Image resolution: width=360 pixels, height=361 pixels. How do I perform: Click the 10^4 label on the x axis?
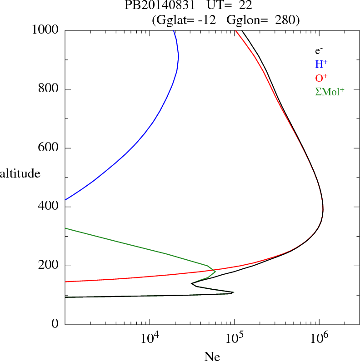pyautogui.click(x=150, y=338)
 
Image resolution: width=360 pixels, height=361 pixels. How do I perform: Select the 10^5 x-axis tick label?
pyautogui.click(x=234, y=338)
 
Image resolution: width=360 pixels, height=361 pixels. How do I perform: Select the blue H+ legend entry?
pyautogui.click(x=321, y=65)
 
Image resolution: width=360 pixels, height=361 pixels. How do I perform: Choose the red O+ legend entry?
pyautogui.click(x=321, y=79)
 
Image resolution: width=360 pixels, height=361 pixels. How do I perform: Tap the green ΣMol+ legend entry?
pyautogui.click(x=330, y=92)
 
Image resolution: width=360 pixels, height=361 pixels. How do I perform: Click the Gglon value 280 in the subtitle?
pyautogui.click(x=285, y=20)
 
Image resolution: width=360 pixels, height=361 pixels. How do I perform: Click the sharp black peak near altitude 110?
pyautogui.click(x=233, y=292)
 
